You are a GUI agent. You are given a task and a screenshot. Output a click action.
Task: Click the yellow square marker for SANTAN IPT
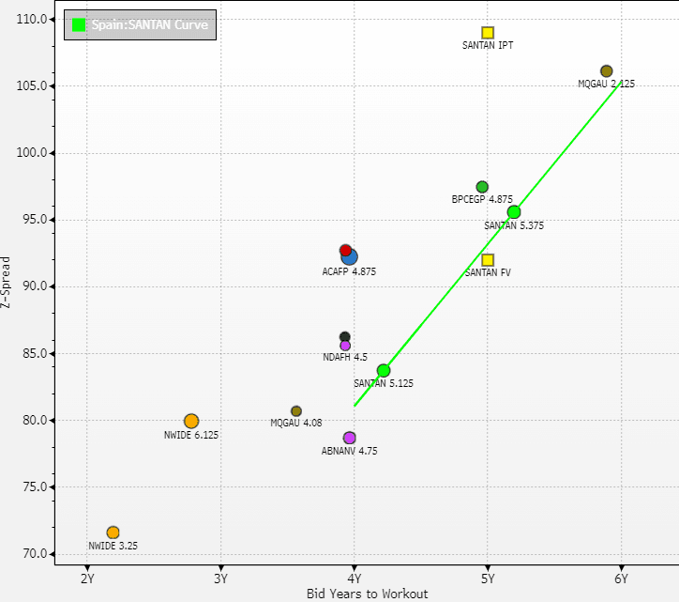488,33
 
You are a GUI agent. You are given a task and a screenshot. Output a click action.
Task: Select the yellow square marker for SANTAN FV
488,260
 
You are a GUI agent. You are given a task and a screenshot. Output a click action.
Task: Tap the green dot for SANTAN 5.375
514,212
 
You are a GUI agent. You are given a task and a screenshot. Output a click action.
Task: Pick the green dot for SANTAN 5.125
384,371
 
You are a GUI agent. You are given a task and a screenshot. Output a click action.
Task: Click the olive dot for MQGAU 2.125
606,71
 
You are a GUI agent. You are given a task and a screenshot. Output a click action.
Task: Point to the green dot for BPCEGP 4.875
482,187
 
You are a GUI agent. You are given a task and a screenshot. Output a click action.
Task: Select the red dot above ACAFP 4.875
345,251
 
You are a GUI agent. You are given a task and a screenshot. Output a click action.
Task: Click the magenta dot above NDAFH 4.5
345,346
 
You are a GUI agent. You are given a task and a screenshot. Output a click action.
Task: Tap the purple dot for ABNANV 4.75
350,438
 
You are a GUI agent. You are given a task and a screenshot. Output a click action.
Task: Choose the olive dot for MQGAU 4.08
296,411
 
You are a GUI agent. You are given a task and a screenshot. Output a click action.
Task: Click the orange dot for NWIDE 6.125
191,421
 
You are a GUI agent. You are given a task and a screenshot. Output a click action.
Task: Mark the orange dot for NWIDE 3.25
113,533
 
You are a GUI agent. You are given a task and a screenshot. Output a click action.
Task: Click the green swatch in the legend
80,25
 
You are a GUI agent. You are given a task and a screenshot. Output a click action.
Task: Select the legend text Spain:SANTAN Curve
149,25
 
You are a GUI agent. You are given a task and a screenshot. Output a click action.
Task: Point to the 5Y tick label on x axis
488,579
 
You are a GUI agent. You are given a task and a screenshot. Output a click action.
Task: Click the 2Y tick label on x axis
87,579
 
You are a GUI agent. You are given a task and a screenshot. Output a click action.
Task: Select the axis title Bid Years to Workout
354,594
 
